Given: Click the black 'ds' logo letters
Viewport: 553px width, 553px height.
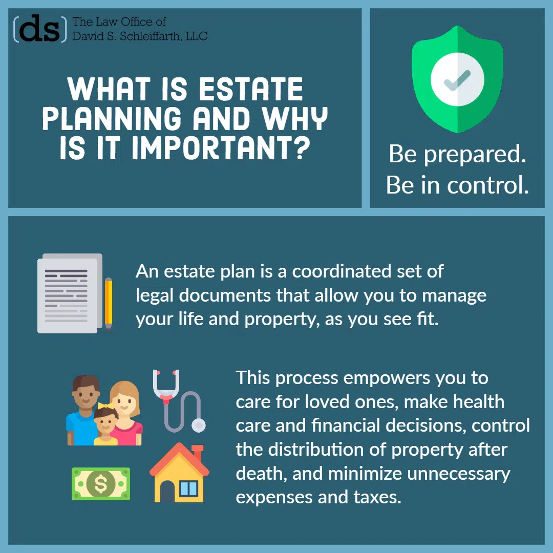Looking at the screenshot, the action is tap(39, 29).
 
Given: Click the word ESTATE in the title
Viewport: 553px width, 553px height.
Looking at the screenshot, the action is tap(251, 89).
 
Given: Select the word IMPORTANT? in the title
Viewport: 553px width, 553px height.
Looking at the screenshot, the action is tap(221, 148).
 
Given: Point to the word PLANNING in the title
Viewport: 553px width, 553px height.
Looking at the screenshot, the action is tap(112, 118).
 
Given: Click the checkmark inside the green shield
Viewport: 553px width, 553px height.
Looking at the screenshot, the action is tap(457, 80).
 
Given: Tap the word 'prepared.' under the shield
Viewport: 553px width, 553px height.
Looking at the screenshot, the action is tap(475, 155).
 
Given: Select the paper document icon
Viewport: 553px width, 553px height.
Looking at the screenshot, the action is tap(70, 293).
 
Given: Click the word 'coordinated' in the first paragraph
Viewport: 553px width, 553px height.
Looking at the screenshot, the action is tap(342, 271).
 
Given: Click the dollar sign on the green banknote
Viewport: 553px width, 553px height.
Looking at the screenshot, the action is tap(101, 484).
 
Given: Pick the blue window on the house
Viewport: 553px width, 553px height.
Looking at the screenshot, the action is tap(188, 489).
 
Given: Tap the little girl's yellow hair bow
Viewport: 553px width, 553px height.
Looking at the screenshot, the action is tap(105, 405).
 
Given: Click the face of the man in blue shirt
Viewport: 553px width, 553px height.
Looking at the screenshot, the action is tap(84, 393).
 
